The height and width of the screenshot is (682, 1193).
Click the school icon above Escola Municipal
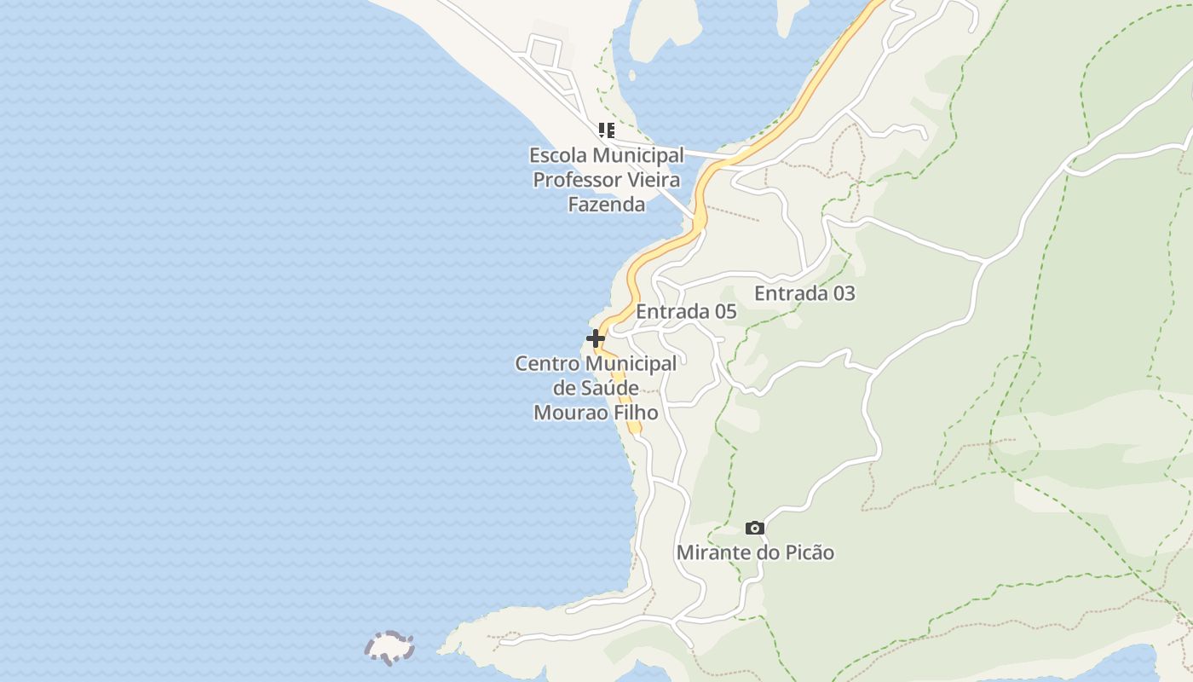pyautogui.click(x=606, y=130)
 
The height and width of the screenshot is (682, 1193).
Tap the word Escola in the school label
pyautogui.click(x=557, y=156)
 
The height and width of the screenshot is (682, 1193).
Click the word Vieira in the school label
pyautogui.click(x=654, y=180)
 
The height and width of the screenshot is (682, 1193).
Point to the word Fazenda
pyautogui.click(x=607, y=205)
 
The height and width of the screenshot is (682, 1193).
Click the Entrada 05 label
pyautogui.click(x=686, y=311)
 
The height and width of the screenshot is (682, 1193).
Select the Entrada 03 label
pyautogui.click(x=804, y=293)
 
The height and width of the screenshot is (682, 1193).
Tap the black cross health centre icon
pyautogui.click(x=596, y=338)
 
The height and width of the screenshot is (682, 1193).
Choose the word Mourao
pyautogui.click(x=565, y=413)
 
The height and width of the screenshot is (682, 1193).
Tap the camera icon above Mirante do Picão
pyautogui.click(x=755, y=529)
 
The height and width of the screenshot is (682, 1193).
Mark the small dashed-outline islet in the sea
pyautogui.click(x=389, y=648)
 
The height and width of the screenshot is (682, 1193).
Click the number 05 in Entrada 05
pyautogui.click(x=725, y=311)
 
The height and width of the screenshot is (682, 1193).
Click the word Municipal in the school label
pyautogui.click(x=638, y=156)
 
